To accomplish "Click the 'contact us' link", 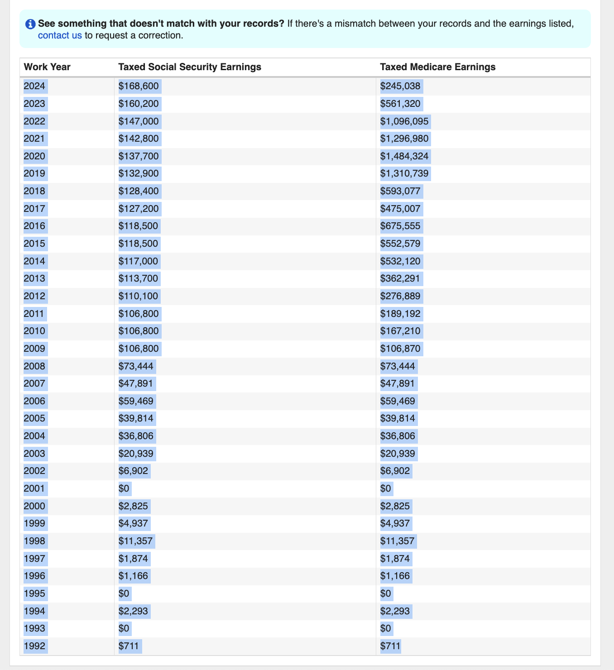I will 60,35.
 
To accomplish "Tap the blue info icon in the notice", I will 30,24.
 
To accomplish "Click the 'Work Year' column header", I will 47,67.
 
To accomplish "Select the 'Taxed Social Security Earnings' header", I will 190,67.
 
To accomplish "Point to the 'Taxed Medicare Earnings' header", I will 438,67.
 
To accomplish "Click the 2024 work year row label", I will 34,86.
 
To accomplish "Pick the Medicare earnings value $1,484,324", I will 404,156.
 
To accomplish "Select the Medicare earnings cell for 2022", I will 404,121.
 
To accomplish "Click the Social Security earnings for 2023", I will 139,104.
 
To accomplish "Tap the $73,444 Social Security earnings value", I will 136,366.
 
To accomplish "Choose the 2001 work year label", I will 34,488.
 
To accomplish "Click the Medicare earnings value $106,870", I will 400,349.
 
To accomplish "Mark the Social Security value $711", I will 129,646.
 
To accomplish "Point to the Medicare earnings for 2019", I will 404,173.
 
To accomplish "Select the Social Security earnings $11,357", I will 136,541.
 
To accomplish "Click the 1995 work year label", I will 34,593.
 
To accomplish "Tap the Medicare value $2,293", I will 395,611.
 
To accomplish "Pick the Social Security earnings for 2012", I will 139,296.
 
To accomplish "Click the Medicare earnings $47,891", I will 398,384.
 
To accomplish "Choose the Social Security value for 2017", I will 139,209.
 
